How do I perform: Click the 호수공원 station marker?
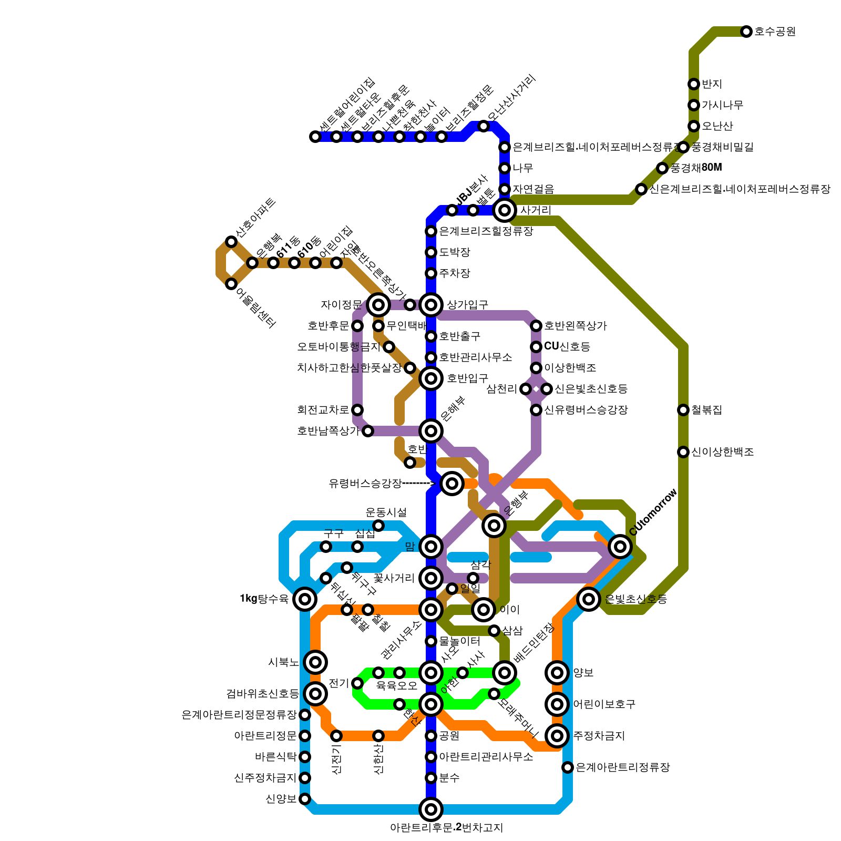coord(746,32)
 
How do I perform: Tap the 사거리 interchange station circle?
coord(505,210)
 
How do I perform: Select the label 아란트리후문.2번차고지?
coord(446,828)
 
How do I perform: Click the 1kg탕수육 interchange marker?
coord(305,599)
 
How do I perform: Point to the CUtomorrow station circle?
coord(620,547)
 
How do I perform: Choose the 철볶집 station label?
coord(706,410)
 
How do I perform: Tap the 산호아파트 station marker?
coord(231,242)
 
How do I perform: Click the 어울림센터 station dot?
coord(231,284)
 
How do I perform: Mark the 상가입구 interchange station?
coord(431,304)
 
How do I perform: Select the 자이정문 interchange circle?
coord(378,304)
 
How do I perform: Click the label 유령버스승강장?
coord(365,484)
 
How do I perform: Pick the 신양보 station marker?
coord(305,799)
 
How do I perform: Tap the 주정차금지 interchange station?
coord(557,735)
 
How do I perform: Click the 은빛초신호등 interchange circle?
coord(589,599)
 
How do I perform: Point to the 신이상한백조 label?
coord(722,452)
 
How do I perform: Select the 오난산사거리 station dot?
coord(484,126)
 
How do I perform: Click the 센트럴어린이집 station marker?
coord(315,137)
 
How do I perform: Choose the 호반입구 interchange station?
coord(431,378)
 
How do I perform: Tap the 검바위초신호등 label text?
coord(262,694)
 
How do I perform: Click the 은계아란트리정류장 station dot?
coord(568,767)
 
